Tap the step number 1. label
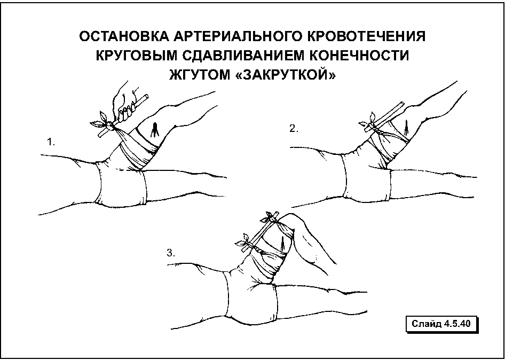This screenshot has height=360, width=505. (51, 142)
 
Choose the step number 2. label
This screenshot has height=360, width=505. (294, 129)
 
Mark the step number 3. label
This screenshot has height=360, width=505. (171, 253)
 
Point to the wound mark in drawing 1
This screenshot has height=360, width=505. (155, 130)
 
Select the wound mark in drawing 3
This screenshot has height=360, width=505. (283, 244)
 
